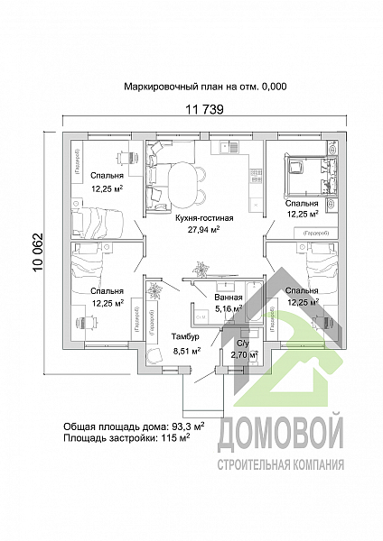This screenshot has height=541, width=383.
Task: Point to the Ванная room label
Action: coord(229,297)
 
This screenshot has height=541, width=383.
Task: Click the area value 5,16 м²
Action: coord(229,308)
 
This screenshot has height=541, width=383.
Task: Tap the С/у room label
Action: coord(242,344)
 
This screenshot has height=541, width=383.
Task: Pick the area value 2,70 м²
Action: coord(242,355)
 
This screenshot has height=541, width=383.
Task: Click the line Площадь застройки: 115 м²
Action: coord(126,437)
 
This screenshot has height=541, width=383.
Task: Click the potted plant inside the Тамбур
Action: coord(155,290)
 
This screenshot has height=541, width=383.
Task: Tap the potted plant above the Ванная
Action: coord(201,267)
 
